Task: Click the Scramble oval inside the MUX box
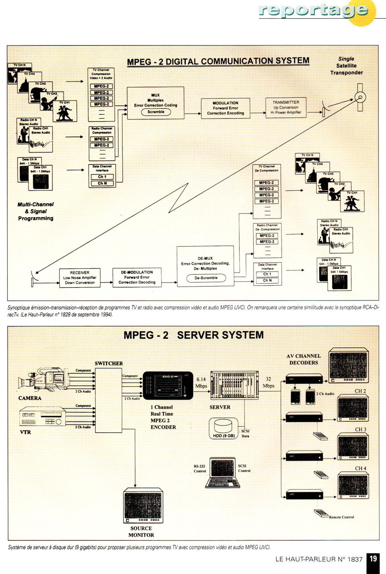pyautogui.click(x=156, y=112)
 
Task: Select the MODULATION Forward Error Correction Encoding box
pyautogui.click(x=226, y=108)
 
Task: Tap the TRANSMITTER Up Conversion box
pyautogui.click(x=286, y=108)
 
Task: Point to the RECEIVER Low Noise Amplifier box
pyautogui.click(x=80, y=278)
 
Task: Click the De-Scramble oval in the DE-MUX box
pyautogui.click(x=206, y=278)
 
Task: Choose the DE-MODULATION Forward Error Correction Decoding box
pyautogui.click(x=137, y=277)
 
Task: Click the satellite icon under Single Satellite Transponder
pyautogui.click(x=360, y=98)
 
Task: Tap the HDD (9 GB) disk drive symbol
pyautogui.click(x=223, y=428)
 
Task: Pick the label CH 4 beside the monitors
pyautogui.click(x=361, y=468)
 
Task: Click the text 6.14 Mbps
pyautogui.click(x=201, y=383)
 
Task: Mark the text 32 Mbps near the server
pyautogui.click(x=268, y=382)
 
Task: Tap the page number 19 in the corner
pyautogui.click(x=373, y=559)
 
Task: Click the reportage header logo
pyautogui.click(x=313, y=11)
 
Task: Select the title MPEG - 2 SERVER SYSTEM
pyautogui.click(x=193, y=335)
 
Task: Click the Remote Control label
pyautogui.click(x=341, y=517)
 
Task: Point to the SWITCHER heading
pyautogui.click(x=109, y=363)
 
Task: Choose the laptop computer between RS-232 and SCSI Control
pyautogui.click(x=222, y=472)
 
